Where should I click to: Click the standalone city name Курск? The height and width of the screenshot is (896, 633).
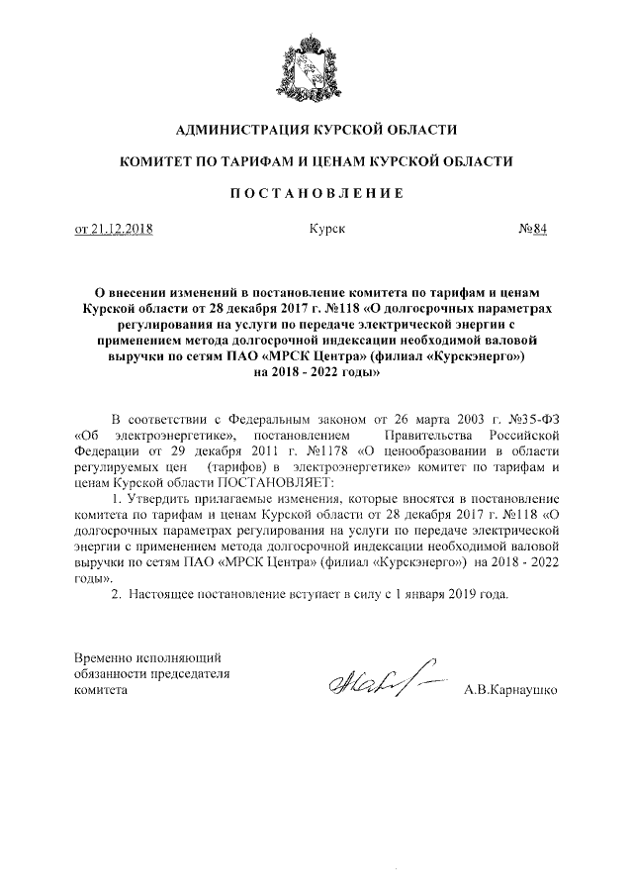tap(325, 229)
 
